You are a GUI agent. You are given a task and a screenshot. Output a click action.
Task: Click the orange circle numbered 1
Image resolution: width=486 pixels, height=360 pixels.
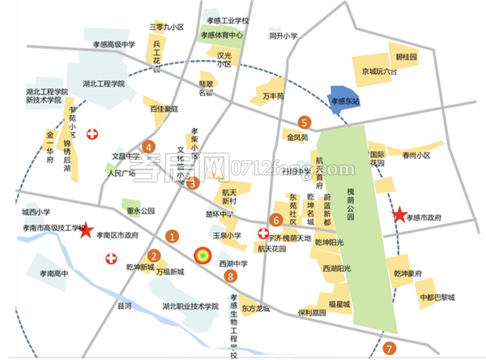tap(172, 236)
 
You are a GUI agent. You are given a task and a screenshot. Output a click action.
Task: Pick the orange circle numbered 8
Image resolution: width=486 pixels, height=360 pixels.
tap(232, 276)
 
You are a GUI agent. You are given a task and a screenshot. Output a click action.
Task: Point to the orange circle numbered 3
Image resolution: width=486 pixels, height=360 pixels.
tap(193, 182)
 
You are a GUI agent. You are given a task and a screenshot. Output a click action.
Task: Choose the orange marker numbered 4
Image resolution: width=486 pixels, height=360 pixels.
tap(148, 147)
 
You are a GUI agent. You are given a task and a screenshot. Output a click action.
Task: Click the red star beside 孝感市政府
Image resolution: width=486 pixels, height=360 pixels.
tap(399, 215)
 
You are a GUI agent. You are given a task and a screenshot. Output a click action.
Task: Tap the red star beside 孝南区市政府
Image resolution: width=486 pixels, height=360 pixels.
tap(87, 231)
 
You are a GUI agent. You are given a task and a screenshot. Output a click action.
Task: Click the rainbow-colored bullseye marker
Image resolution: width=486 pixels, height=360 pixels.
tap(200, 256)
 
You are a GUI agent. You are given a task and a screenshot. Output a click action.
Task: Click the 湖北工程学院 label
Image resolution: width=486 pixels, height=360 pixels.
tap(104, 84)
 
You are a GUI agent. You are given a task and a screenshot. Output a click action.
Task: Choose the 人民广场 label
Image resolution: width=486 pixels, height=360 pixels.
tap(122, 173)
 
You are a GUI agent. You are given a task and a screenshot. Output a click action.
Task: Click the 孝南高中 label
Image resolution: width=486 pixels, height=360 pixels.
tap(51, 274)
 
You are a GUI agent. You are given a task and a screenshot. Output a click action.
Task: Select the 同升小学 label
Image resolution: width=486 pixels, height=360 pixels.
tap(283, 36)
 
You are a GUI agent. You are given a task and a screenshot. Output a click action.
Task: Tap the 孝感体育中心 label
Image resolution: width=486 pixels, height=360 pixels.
tap(222, 36)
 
